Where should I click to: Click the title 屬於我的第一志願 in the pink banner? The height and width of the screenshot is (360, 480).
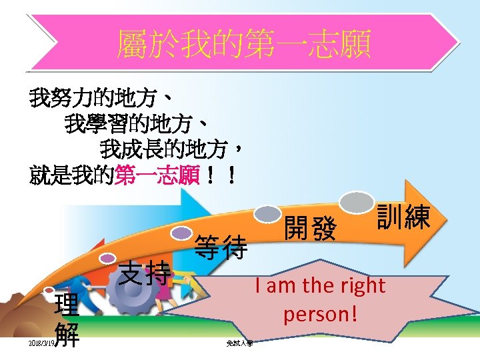(243, 45)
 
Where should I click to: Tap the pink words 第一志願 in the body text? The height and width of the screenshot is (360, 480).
(157, 176)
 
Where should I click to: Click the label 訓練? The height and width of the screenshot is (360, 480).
(403, 217)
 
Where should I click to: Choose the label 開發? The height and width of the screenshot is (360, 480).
(310, 229)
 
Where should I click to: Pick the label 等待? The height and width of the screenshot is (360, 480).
(221, 248)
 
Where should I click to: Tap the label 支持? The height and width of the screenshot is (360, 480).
(145, 272)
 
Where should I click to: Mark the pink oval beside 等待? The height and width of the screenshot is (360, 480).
(181, 233)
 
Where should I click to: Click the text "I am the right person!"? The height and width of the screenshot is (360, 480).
(320, 299)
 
